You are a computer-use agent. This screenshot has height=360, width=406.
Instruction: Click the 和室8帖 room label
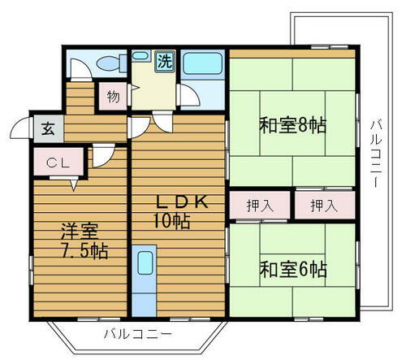[x=292, y=126]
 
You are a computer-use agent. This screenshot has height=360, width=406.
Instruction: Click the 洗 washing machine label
[x=165, y=60]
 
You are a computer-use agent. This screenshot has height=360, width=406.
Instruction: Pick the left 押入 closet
[x=260, y=206]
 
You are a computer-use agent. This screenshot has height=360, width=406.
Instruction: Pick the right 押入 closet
[x=323, y=206]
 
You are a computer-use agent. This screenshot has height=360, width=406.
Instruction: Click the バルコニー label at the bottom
[x=137, y=334]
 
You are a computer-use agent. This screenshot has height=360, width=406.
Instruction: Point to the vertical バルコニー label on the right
[x=375, y=154]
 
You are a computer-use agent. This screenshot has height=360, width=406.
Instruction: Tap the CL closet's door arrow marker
[x=74, y=184]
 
